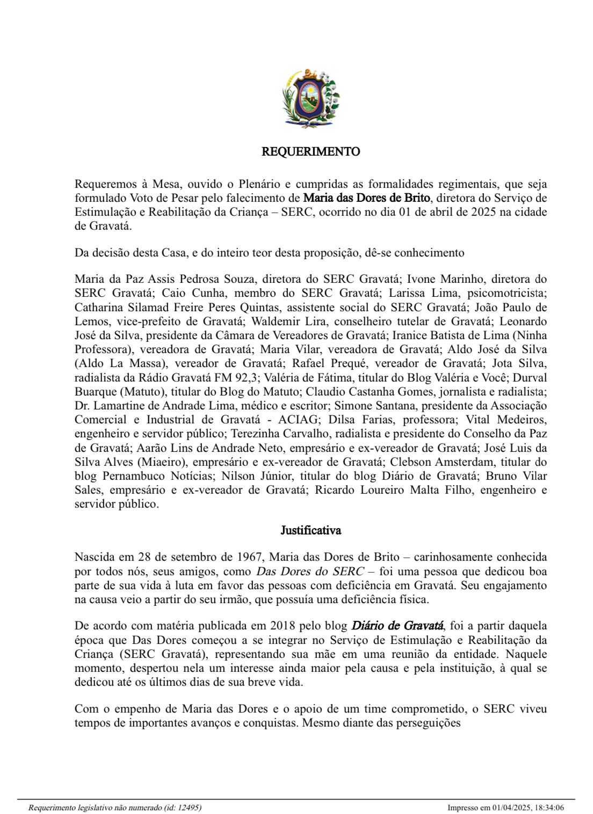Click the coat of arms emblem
click(x=311, y=98)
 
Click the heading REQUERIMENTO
click(x=310, y=152)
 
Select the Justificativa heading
click(x=310, y=531)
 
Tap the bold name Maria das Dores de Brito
click(x=366, y=198)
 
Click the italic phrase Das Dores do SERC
click(x=309, y=571)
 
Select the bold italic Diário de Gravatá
click(x=397, y=626)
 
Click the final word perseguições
click(x=428, y=723)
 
